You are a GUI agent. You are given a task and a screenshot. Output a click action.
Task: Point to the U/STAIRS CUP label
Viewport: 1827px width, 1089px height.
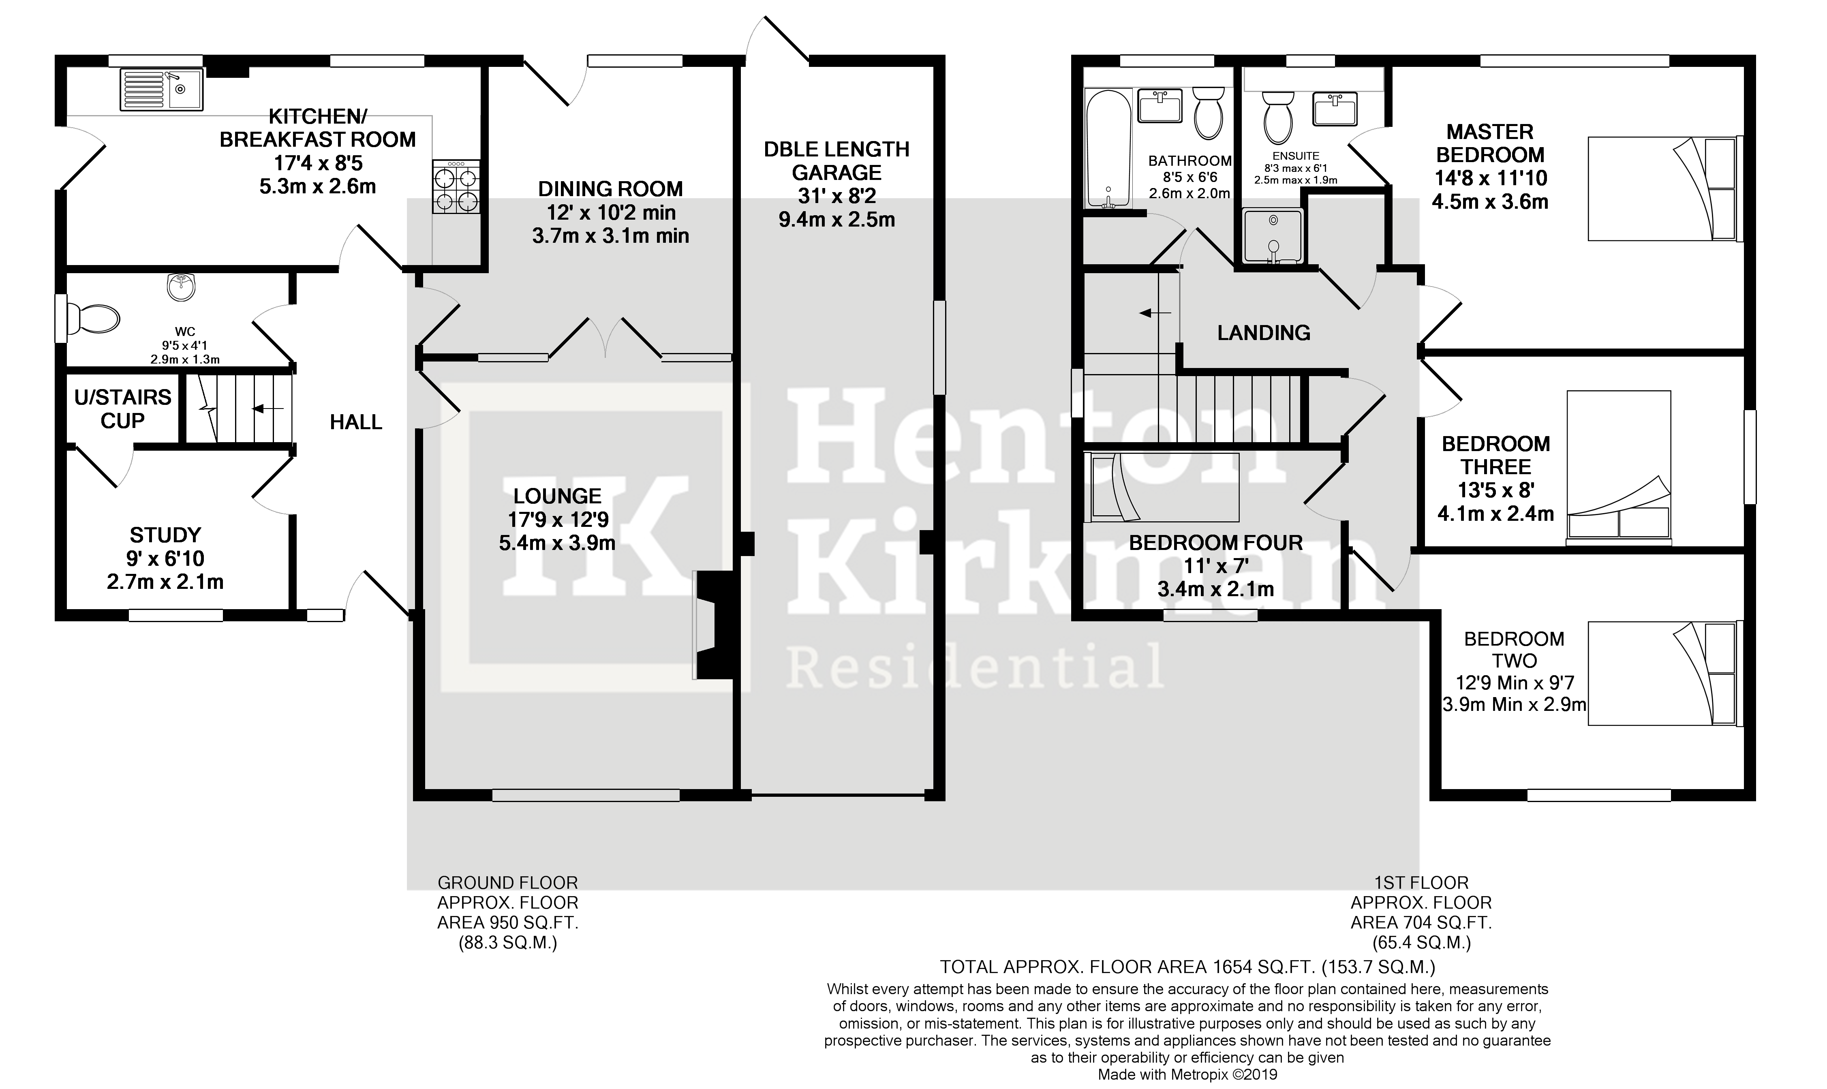(122, 409)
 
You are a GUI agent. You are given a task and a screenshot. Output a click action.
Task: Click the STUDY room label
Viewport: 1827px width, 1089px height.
(165, 535)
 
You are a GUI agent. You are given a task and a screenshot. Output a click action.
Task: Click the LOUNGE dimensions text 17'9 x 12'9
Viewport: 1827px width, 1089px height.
(558, 520)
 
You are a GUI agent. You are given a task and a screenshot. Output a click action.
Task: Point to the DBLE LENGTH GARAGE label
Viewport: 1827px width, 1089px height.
(836, 161)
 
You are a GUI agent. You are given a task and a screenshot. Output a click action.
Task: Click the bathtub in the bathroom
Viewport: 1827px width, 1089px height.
(1108, 148)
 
